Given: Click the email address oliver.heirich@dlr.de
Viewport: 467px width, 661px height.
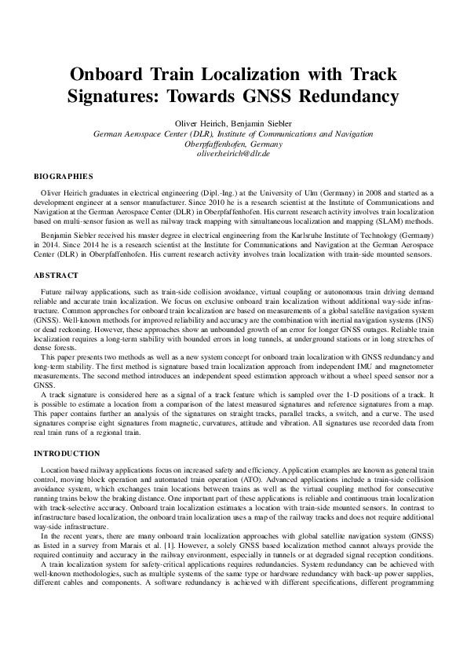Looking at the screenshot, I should [x=233, y=155].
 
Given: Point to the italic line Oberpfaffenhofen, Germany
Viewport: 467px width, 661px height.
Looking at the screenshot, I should [x=233, y=144].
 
